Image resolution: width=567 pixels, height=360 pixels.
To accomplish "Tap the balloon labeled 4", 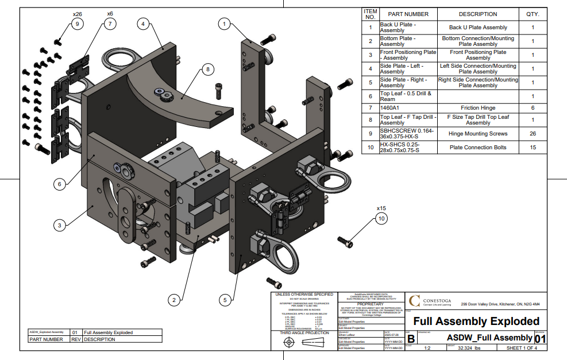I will [143, 24].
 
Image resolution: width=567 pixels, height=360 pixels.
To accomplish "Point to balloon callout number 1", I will [225, 24].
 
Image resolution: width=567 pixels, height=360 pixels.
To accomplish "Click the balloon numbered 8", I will [209, 69].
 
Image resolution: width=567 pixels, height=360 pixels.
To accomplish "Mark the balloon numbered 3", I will [59, 226].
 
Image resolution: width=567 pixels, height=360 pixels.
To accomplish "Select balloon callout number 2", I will [173, 299].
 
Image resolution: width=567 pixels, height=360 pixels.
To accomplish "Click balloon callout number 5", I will [226, 299].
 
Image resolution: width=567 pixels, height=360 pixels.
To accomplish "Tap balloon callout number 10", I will [381, 218].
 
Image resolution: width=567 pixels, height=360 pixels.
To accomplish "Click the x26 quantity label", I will [78, 13].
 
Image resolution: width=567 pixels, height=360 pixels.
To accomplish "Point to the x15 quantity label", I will [381, 208].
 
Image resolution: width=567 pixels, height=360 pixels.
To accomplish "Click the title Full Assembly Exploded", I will [476, 321].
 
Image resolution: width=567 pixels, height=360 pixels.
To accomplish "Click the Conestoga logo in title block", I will [415, 301].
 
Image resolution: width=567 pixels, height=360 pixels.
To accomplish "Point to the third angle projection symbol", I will [300, 342].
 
